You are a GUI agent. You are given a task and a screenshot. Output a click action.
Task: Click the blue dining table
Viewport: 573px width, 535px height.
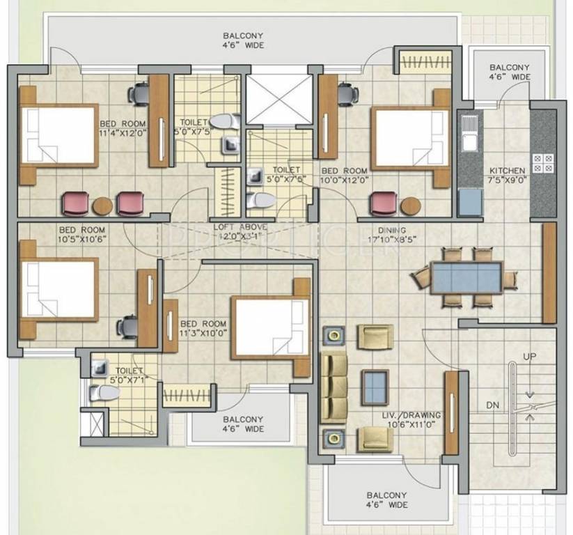pyautogui.click(x=466, y=277)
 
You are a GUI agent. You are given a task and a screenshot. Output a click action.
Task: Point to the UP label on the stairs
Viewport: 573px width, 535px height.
pyautogui.click(x=530, y=357)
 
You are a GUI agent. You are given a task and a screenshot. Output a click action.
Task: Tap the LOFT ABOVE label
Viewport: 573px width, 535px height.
pyautogui.click(x=240, y=227)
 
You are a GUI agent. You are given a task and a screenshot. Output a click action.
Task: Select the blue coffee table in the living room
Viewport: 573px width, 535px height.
pyautogui.click(x=375, y=383)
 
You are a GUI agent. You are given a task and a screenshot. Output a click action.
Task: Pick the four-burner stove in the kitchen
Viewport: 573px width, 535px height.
pyautogui.click(x=543, y=163)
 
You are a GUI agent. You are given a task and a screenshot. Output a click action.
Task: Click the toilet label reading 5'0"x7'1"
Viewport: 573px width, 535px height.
pyautogui.click(x=129, y=375)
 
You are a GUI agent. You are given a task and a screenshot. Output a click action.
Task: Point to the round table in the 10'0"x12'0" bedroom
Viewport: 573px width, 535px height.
pyautogui.click(x=410, y=206)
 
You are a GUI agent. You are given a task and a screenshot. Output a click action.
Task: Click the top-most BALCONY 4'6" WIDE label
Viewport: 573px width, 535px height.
pyautogui.click(x=244, y=40)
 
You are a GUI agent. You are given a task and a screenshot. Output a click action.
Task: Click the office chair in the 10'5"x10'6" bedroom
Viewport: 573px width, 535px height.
pyautogui.click(x=128, y=325)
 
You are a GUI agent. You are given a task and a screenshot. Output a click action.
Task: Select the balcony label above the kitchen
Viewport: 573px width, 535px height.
pyautogui.click(x=510, y=72)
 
